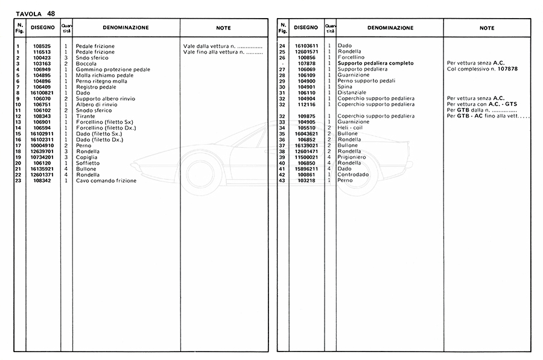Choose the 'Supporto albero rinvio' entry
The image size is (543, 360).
point(105,99)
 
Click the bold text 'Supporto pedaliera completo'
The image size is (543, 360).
point(375,63)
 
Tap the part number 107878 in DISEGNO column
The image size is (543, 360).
point(307,63)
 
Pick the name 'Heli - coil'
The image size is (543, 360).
point(350,128)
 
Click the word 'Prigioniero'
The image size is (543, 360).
point(352,157)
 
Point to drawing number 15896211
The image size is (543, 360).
point(307,169)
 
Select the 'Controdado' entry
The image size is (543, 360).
point(353,174)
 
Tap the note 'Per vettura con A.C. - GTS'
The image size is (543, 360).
point(481,104)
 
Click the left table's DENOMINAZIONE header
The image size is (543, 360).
point(125,28)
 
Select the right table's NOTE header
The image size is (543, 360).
point(487,28)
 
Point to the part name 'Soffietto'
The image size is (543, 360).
point(88,163)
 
